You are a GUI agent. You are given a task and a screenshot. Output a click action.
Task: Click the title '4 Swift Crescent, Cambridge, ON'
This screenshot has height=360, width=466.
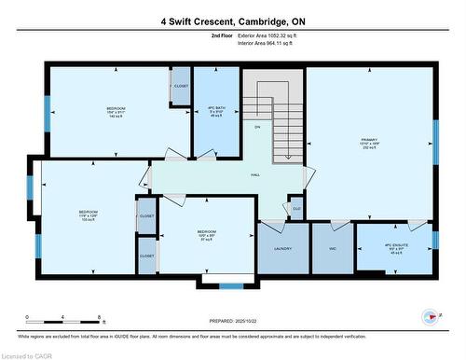(x=233, y=21)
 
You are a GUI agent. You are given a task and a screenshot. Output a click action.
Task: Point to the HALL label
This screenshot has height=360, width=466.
(x=254, y=174)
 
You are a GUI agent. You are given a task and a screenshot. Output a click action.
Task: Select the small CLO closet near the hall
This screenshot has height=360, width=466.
(x=296, y=208)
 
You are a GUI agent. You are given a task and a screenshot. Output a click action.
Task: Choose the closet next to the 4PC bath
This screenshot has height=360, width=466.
(x=181, y=87)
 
